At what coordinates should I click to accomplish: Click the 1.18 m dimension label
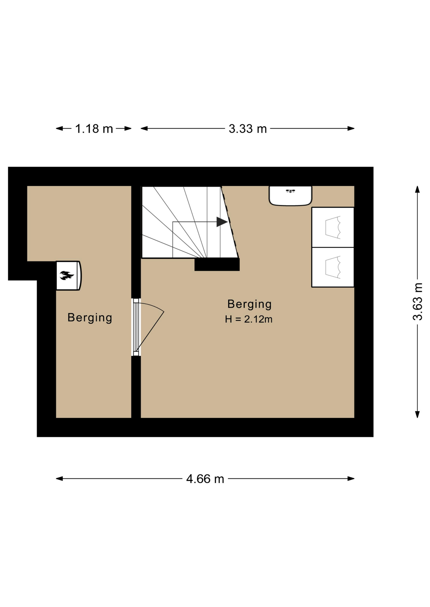[94, 129]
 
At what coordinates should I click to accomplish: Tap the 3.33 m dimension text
[248, 129]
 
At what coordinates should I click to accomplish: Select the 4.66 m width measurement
[205, 479]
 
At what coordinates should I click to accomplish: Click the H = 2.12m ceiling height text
[249, 319]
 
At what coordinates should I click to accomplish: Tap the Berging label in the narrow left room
[90, 318]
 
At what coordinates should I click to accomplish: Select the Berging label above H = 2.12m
[250, 304]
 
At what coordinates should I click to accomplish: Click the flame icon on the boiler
[67, 275]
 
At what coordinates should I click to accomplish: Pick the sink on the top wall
[290, 196]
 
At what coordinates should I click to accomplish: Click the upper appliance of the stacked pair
[333, 227]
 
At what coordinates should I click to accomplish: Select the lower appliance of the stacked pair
[333, 267]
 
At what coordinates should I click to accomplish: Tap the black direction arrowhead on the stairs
[222, 222]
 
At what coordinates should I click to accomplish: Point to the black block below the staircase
[217, 264]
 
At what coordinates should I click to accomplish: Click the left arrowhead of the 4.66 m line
[59, 479]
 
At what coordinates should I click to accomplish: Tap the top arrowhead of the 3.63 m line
[417, 189]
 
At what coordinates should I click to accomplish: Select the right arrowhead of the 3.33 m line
[351, 128]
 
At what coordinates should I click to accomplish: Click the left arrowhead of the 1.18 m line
[59, 128]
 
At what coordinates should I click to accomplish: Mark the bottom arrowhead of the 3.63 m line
[417, 414]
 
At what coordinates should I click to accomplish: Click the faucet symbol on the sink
[290, 191]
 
